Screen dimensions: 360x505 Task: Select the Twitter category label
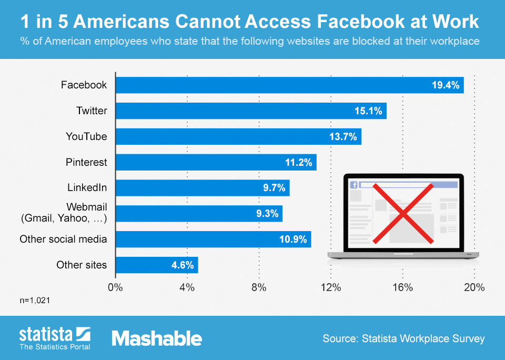(x=92, y=111)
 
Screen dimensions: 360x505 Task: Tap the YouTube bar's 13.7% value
(x=343, y=136)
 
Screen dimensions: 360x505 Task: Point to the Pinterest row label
(x=86, y=162)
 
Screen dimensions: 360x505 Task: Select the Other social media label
(x=63, y=239)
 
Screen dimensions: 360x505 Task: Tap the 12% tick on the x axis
(x=330, y=287)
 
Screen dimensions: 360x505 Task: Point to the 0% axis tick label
(x=115, y=287)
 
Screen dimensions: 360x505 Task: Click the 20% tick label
(x=474, y=287)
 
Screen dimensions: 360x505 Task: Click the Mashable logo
(x=157, y=338)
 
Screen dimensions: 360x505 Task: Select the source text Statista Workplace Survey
(x=403, y=338)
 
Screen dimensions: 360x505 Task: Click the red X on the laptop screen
(x=403, y=213)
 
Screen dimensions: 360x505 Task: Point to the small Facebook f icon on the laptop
(x=354, y=185)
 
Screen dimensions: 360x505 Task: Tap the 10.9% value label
(x=293, y=239)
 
